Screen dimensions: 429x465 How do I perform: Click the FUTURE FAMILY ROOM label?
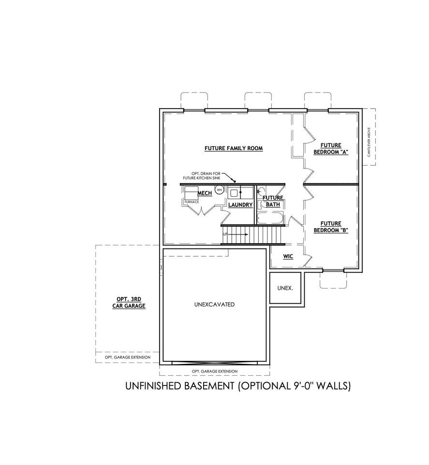coord(234,148)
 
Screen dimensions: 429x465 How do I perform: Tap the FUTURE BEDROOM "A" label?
coord(331,149)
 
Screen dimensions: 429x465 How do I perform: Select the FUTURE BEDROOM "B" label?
coord(331,227)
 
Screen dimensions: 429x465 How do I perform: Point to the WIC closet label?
coord(288,256)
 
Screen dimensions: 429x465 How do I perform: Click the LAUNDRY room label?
coord(240,204)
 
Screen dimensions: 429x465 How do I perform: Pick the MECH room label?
coord(205,193)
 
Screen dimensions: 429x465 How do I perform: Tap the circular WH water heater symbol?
coord(220,189)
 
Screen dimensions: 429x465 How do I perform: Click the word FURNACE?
coord(192,202)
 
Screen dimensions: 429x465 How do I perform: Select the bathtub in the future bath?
coord(270,218)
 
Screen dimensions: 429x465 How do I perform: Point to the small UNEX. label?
coord(285,288)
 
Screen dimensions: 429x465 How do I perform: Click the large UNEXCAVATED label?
coord(214,304)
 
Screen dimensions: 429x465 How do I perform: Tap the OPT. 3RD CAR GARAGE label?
coord(129,302)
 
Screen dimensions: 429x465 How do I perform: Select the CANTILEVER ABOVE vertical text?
coord(369,142)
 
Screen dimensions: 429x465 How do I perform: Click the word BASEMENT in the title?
coord(209,386)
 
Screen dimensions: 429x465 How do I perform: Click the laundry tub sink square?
coord(233,193)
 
